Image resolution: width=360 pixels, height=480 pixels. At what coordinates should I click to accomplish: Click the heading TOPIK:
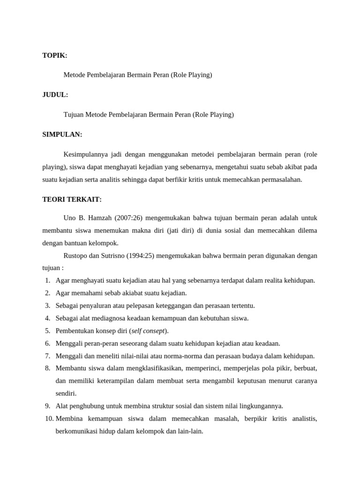(55, 55)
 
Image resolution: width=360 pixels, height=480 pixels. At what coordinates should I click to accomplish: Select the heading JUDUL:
(55, 95)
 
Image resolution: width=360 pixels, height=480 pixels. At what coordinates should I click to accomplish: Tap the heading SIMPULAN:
(62, 135)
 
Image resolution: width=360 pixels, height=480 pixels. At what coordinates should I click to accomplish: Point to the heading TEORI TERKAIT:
(72, 199)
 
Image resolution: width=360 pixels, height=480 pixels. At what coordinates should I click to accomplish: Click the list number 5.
(48, 331)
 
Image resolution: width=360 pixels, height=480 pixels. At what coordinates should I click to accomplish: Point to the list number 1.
(48, 280)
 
